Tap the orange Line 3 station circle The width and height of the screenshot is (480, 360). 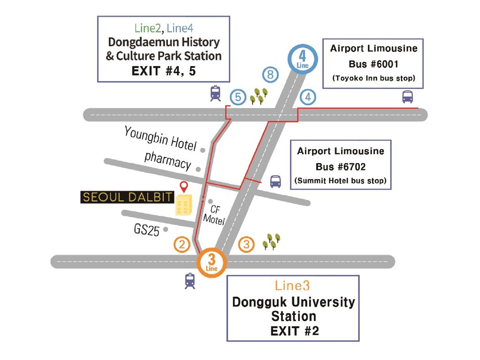tap(212, 264)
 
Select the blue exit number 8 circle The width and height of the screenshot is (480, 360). tap(270, 75)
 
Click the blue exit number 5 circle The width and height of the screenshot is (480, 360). tap(238, 97)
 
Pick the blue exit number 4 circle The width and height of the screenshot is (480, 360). tap(308, 97)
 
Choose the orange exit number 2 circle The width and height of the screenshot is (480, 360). tap(182, 244)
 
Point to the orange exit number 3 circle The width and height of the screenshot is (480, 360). tap(247, 244)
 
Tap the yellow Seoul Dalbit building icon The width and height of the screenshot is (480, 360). tap(183, 206)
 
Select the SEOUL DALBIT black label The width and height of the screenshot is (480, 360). tap(128, 197)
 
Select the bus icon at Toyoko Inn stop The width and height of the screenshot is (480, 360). tap(407, 97)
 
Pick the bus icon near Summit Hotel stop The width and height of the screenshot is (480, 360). tap(275, 181)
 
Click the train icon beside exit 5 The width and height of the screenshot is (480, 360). tap(215, 93)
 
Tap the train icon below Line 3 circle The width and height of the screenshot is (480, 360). tap(190, 281)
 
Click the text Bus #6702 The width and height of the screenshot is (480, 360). tap(341, 166)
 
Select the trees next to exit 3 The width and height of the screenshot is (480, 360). tap(271, 241)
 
